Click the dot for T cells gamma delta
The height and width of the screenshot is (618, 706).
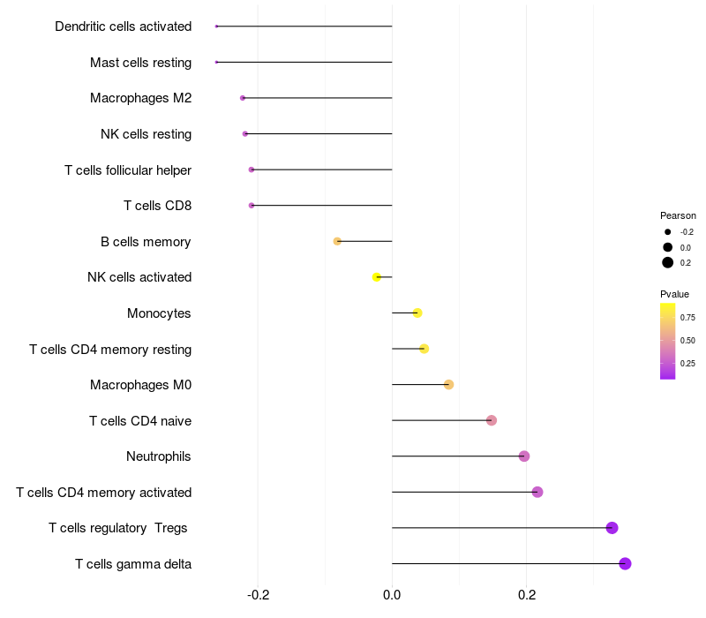[x=625, y=563]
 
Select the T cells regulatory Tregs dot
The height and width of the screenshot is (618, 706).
[x=612, y=528]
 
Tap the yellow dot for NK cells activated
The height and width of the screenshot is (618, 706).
[x=377, y=277]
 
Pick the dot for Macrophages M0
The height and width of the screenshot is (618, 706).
[x=448, y=384]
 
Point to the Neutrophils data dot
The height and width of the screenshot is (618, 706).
[x=524, y=456]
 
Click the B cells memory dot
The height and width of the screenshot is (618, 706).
[x=337, y=241]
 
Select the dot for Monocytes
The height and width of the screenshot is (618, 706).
[x=417, y=313]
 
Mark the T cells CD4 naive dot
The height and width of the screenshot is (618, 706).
[x=492, y=420]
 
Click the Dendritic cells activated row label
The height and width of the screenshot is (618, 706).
[x=123, y=26]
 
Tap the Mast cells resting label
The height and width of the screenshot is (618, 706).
[x=140, y=63]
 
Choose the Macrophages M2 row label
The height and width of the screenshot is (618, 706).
[x=140, y=98]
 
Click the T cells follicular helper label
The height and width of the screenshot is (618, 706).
[x=128, y=170]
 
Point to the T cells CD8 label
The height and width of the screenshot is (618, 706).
[x=157, y=206]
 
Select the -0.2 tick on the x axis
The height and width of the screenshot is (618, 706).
[x=258, y=594]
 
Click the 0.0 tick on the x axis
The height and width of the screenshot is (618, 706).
[x=392, y=594]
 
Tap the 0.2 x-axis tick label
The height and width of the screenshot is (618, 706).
[x=527, y=594]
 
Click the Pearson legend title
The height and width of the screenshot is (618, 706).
[x=678, y=215]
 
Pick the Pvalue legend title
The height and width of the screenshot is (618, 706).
[x=674, y=294]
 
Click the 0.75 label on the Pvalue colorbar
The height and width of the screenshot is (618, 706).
[x=687, y=317]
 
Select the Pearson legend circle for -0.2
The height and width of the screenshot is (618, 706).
[x=668, y=231]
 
